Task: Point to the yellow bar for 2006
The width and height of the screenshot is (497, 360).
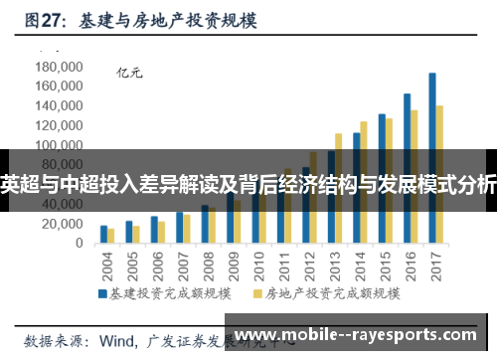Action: click(161, 233)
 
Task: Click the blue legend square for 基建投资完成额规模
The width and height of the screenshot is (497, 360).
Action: click(102, 294)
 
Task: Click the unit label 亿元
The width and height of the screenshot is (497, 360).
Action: click(129, 72)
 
